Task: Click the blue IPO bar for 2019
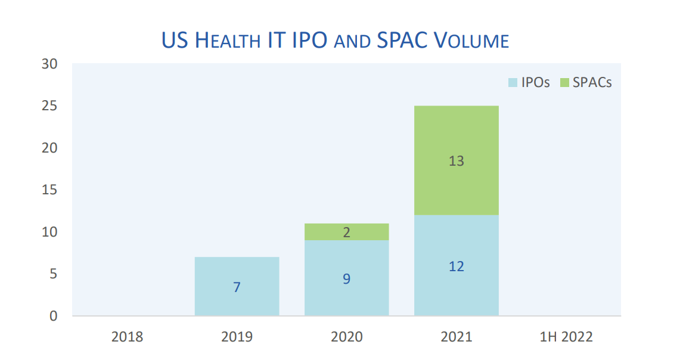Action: pos(237,271)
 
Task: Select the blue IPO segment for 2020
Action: pos(346,262)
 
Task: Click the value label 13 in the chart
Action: pos(456,161)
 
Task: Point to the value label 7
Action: pos(237,287)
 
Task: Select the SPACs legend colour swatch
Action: pos(564,82)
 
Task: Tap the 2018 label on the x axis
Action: pos(127,337)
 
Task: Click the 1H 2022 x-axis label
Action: pos(566,337)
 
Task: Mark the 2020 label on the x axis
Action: pos(346,337)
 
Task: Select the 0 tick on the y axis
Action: pos(54,316)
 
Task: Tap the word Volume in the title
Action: pos(471,41)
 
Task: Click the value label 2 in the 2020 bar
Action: pos(346,232)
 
